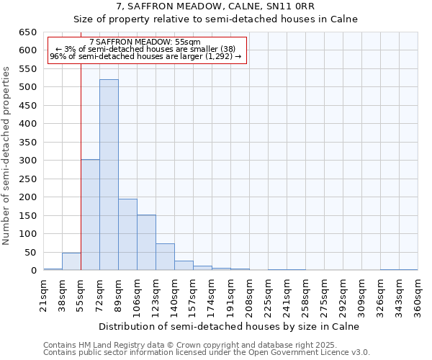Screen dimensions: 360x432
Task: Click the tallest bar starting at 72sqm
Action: (x=109, y=175)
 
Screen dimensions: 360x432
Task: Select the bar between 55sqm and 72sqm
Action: (x=90, y=215)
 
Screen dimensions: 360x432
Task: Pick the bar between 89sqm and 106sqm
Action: (x=127, y=235)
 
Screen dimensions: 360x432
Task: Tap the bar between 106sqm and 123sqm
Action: (x=146, y=243)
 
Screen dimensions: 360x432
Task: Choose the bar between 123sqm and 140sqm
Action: (x=165, y=257)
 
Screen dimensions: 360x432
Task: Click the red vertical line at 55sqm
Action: (x=81, y=166)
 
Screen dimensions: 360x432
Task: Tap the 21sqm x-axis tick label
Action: (x=44, y=295)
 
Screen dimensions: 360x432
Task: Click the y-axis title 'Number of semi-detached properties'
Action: (x=7, y=156)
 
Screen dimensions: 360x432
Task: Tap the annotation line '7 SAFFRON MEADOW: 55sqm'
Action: (x=145, y=42)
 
